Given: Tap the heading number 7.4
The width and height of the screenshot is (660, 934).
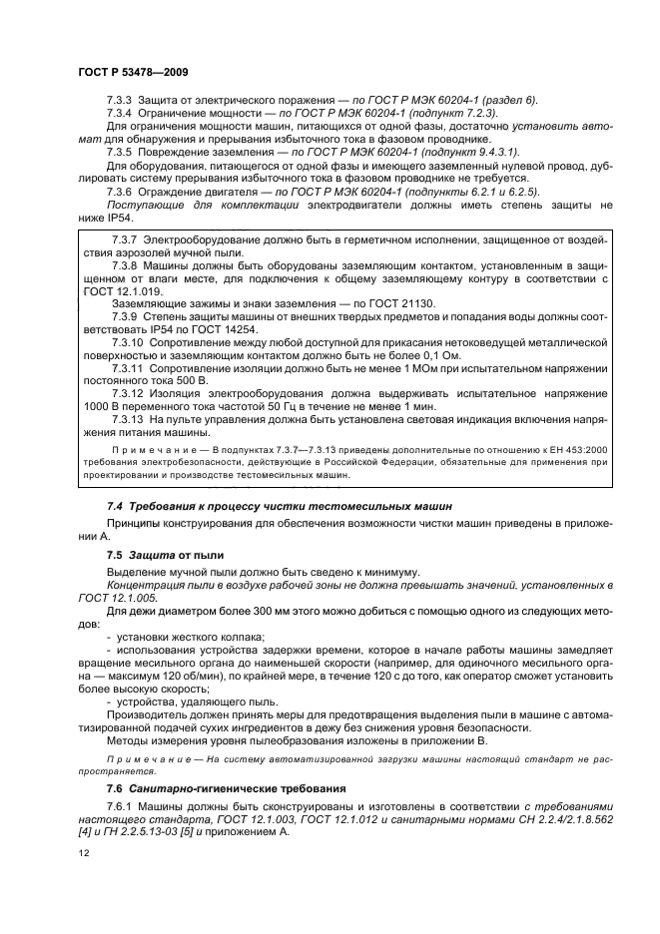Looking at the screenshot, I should point(116,507).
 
